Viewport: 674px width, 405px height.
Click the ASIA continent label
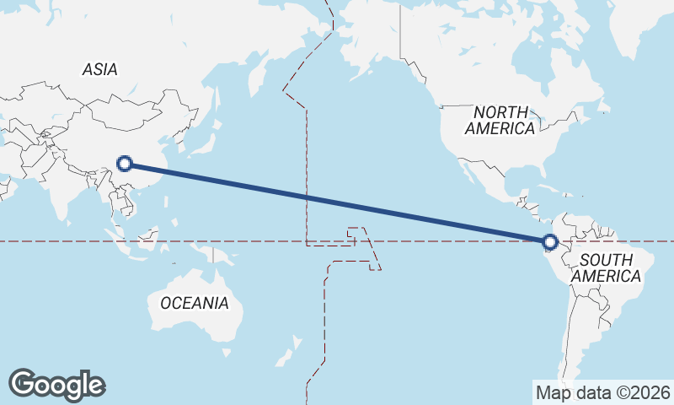(99, 70)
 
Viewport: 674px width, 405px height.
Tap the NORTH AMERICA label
(500, 120)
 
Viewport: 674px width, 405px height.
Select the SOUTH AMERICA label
(606, 267)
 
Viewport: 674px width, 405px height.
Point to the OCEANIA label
(194, 302)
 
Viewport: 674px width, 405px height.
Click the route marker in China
(125, 164)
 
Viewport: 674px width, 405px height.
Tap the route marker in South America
(550, 243)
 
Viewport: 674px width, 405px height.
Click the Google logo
(56, 385)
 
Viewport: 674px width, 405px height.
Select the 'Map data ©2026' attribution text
(603, 392)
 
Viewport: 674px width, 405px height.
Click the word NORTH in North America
(500, 111)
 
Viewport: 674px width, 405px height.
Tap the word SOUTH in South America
(606, 259)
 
